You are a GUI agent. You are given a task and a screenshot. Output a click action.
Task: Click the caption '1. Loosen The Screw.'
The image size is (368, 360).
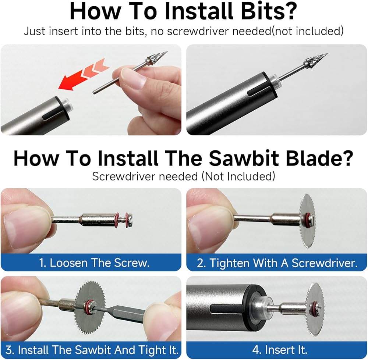click(94, 263)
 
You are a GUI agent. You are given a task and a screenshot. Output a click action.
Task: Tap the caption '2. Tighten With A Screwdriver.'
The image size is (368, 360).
click(277, 263)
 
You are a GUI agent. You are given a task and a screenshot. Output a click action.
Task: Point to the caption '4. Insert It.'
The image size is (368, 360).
click(280, 350)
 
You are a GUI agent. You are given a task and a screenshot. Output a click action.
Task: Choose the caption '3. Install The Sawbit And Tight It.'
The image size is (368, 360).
click(92, 350)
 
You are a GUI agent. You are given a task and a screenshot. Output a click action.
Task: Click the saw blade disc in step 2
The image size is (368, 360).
click(307, 221)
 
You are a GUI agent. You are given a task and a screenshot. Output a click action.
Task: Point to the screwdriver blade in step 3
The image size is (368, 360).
click(122, 314)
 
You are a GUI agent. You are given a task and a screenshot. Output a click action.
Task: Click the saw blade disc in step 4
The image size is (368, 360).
click(315, 310)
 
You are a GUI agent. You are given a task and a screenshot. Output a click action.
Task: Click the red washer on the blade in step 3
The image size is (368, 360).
click(89, 307)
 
